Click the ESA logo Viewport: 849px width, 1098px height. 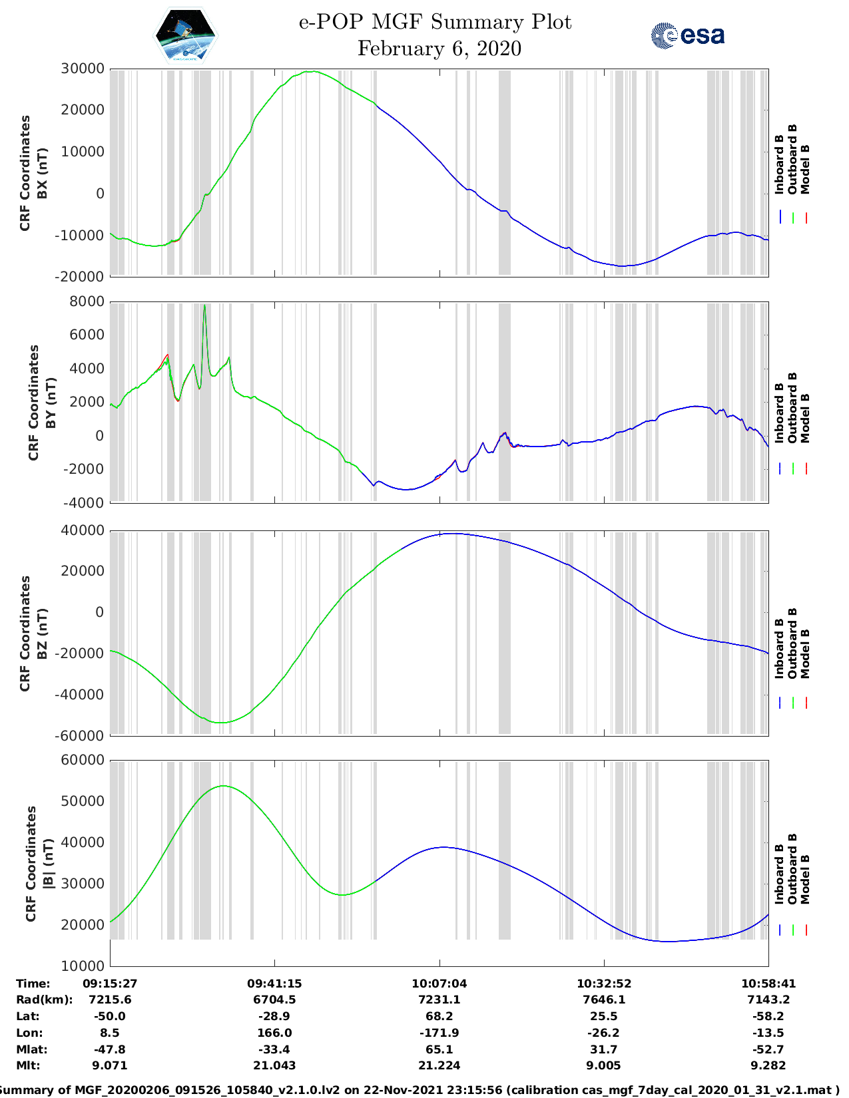[x=687, y=35]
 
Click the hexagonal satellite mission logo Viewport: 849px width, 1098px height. [x=186, y=35]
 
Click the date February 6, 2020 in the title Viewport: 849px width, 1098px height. [x=439, y=49]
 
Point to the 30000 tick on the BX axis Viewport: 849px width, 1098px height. [x=83, y=69]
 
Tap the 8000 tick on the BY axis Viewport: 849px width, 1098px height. [x=87, y=301]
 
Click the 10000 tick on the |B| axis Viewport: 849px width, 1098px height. [x=83, y=966]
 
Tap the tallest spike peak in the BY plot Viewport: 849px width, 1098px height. [x=204, y=305]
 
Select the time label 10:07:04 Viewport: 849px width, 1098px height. [x=439, y=983]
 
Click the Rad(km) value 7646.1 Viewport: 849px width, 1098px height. [x=603, y=1000]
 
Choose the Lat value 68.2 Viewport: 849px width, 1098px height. [x=439, y=1016]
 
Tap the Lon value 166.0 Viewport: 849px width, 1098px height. [x=274, y=1033]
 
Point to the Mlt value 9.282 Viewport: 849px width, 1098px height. [x=768, y=1065]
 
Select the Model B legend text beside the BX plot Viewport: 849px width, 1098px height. [x=805, y=169]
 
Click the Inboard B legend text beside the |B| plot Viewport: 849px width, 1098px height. [x=779, y=873]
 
